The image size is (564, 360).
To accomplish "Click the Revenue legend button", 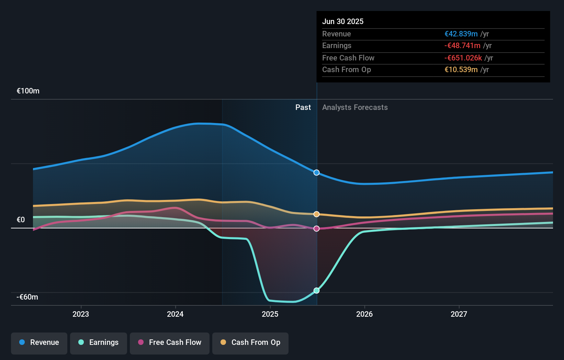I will (x=39, y=342).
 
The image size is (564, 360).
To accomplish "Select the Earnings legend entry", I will (x=99, y=342).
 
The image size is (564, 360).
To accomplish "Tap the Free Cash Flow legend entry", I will (x=170, y=342).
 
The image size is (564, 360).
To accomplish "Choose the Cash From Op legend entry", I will (x=250, y=342).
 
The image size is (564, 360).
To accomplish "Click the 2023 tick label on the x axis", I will (x=81, y=314).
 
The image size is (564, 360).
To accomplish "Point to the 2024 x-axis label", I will (x=175, y=314).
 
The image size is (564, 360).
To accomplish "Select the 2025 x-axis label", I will (x=270, y=314).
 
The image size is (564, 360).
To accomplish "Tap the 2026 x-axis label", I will (x=364, y=314).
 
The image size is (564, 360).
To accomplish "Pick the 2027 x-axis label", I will (x=459, y=314).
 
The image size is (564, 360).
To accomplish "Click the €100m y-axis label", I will (x=28, y=91).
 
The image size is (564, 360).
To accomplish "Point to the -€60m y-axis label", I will (x=27, y=297).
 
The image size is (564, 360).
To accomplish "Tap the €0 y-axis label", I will (x=21, y=220).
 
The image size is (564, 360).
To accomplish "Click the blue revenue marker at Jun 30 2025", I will (x=317, y=172).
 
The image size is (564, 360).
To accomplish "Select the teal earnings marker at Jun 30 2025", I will (x=317, y=291).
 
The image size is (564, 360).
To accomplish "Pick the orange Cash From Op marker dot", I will (x=317, y=214).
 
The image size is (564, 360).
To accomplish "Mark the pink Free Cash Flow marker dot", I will (x=317, y=228).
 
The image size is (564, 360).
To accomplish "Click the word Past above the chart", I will (x=303, y=108).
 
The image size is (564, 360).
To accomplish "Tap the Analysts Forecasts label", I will (x=355, y=108).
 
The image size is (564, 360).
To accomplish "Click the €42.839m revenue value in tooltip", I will (x=461, y=34).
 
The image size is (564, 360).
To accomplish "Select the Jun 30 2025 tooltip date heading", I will (x=343, y=21).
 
